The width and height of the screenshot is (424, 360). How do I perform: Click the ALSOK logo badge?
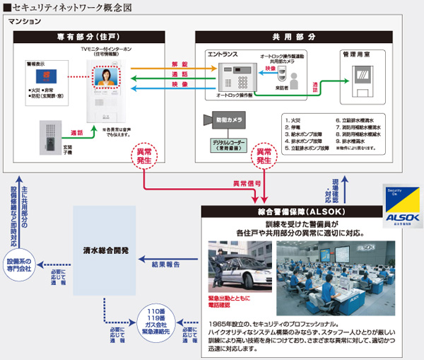coord(404,209)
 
